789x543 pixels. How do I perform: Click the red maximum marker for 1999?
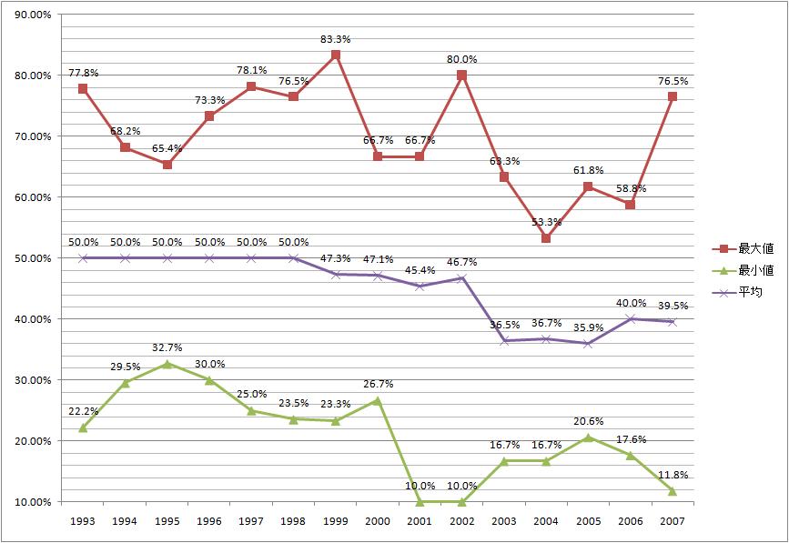point(336,55)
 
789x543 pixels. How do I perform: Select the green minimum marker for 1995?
point(167,364)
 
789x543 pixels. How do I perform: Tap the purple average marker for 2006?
point(630,319)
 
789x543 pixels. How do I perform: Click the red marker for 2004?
point(546,238)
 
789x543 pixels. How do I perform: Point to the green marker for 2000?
point(378,400)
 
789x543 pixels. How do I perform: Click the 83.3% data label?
point(336,39)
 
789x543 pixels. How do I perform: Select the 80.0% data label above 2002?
point(461,59)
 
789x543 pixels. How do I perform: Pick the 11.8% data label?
point(672,474)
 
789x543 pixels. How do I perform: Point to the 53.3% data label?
point(546,222)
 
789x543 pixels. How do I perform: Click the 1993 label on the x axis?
point(83,521)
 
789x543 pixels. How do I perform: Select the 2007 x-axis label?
point(672,521)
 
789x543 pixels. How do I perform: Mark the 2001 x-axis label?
point(420,521)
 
